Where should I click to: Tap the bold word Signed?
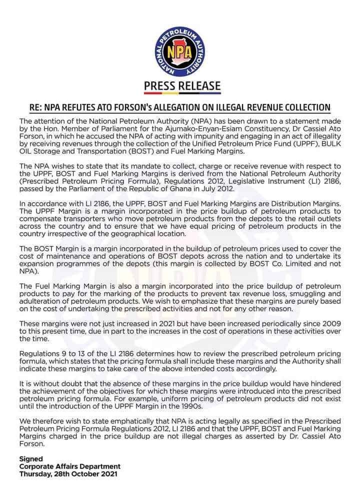coord(31,458)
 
